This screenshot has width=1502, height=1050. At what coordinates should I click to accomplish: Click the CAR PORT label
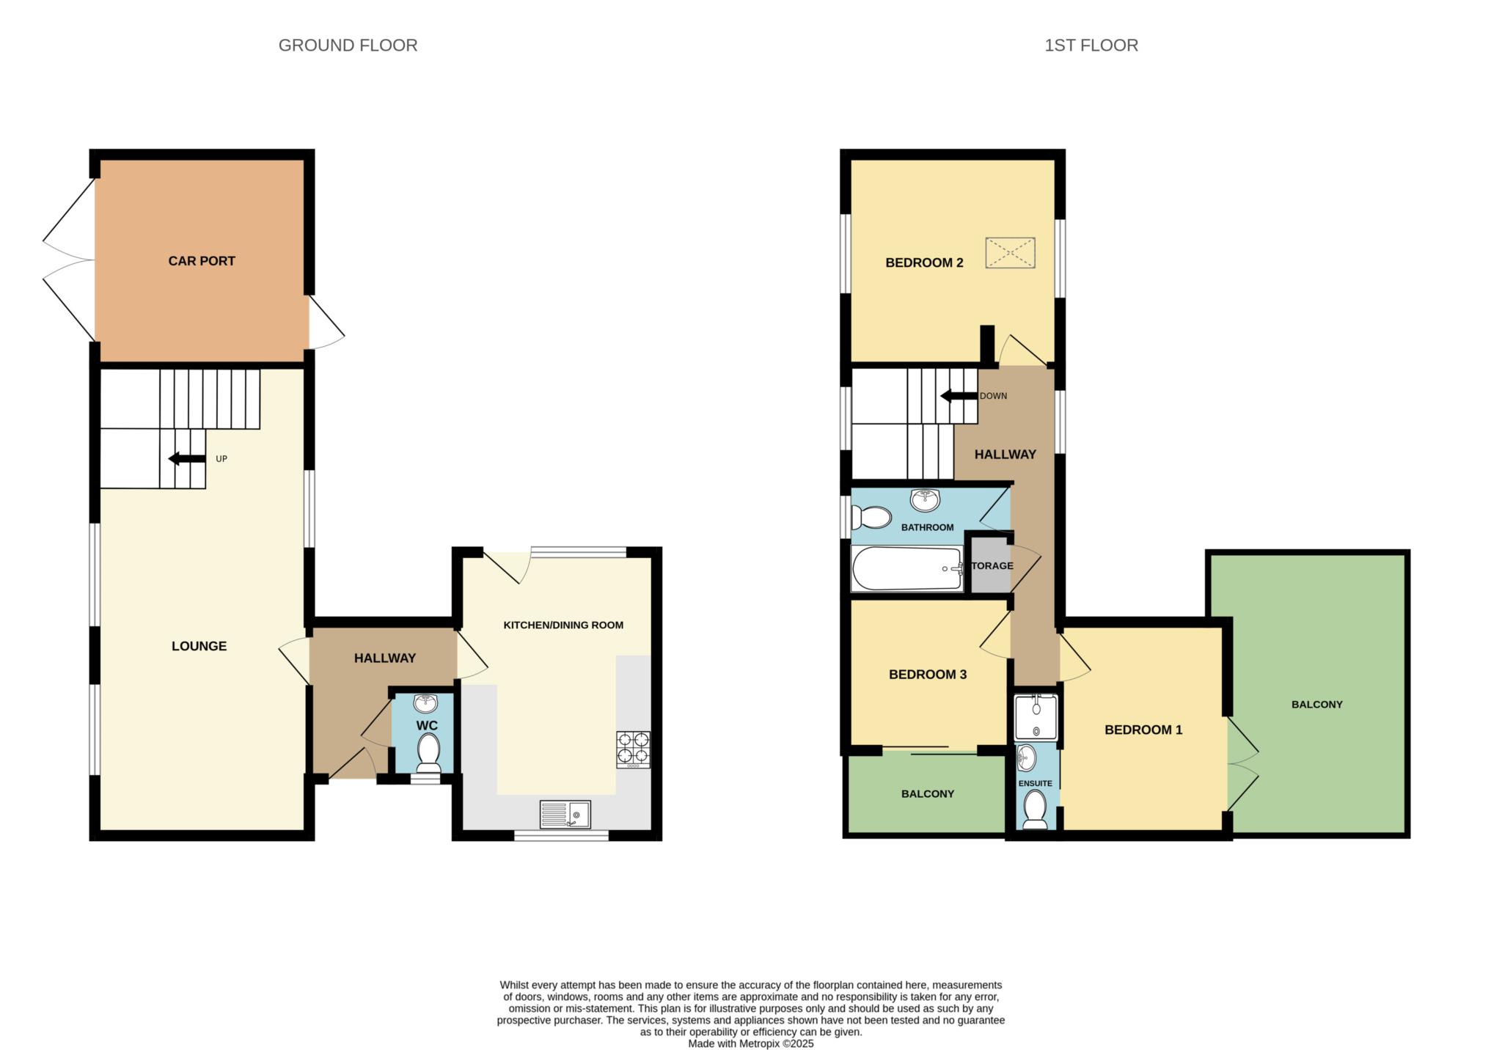[202, 261]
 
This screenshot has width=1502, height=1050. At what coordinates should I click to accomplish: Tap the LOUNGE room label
[199, 646]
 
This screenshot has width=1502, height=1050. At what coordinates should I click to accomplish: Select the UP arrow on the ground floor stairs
[187, 459]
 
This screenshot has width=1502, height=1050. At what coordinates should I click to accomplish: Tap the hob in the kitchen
[634, 749]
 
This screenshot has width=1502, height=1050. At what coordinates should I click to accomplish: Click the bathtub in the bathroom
[907, 568]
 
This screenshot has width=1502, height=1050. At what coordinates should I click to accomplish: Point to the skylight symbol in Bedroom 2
[1010, 253]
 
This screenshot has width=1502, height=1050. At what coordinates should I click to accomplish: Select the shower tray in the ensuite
[1036, 718]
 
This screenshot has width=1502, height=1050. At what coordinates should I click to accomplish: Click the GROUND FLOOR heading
[348, 45]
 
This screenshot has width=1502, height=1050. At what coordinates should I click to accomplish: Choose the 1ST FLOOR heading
[1091, 45]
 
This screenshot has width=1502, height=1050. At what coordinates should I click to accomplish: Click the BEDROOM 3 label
[928, 675]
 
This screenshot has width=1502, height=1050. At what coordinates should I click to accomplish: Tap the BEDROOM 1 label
[1143, 730]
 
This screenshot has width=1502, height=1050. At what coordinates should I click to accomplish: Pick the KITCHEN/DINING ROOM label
[563, 625]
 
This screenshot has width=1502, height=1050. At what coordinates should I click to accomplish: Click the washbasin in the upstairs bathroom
[926, 500]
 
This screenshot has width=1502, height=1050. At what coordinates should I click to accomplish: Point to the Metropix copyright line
[751, 1043]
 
